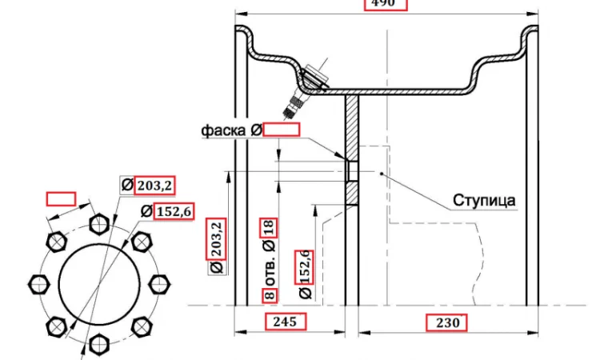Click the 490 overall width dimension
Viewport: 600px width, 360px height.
(386, 3)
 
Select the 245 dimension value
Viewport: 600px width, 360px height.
(285, 322)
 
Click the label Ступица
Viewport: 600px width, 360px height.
(484, 200)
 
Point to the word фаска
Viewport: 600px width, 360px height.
(225, 130)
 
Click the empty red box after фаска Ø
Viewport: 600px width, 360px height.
(282, 130)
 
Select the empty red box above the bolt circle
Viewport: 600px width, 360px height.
(61, 198)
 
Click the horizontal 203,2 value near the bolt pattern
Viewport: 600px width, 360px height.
(154, 186)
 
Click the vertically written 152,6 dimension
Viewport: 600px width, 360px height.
(304, 266)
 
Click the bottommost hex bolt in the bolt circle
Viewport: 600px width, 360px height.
(98, 344)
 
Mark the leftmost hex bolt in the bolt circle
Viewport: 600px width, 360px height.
(38, 283)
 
